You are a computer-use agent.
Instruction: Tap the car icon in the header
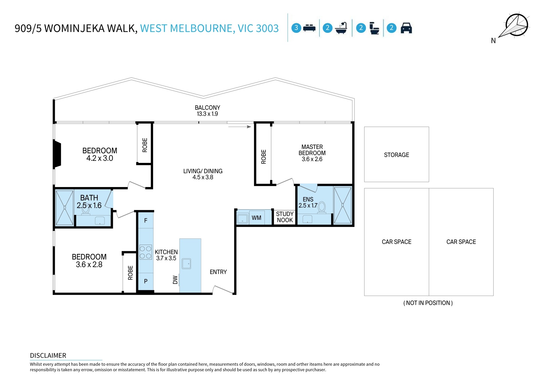tap(406, 28)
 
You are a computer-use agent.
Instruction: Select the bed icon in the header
tap(309, 28)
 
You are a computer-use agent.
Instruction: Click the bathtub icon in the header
tap(341, 28)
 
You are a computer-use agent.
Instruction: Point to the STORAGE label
tap(396, 155)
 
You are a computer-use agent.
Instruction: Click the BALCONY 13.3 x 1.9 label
tap(207, 111)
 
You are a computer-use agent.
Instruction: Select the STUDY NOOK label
tap(285, 217)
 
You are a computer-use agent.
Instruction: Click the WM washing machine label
tap(256, 218)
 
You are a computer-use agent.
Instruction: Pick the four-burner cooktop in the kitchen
tap(145, 252)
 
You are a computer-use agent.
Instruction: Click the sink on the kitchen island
tap(186, 264)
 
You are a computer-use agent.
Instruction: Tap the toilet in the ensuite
tap(322, 207)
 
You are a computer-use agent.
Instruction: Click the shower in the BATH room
tap(64, 207)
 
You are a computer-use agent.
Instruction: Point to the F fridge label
tap(146, 221)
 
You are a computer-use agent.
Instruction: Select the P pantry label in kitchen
tap(146, 281)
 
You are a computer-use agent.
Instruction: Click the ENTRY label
tap(218, 272)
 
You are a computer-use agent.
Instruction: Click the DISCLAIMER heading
tap(48, 356)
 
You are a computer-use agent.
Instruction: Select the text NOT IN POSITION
tap(428, 303)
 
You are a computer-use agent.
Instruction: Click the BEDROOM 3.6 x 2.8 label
tap(89, 260)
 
